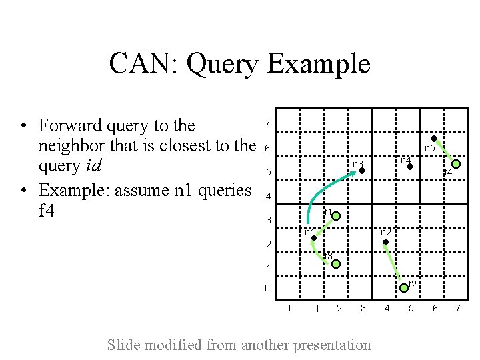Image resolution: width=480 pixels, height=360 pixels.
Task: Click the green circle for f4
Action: (457, 163)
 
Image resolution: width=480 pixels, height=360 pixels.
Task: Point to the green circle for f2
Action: (404, 288)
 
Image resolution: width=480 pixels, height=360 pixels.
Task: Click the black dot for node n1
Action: (313, 238)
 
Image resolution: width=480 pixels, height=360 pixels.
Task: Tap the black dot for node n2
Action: (386, 242)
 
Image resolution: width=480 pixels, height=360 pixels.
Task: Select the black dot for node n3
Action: (362, 171)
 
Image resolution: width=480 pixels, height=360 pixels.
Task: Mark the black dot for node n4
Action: (410, 167)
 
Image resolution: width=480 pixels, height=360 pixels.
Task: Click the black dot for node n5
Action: (434, 139)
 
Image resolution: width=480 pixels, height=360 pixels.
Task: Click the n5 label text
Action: (430, 149)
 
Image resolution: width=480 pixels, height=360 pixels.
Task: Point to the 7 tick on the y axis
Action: (267, 125)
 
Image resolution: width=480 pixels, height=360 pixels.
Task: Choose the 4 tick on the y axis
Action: (267, 197)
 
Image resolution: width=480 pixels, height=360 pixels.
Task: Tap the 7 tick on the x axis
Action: (457, 308)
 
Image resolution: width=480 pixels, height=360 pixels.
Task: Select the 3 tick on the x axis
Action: (363, 308)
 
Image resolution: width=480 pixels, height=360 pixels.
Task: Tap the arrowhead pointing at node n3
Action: (355, 173)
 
